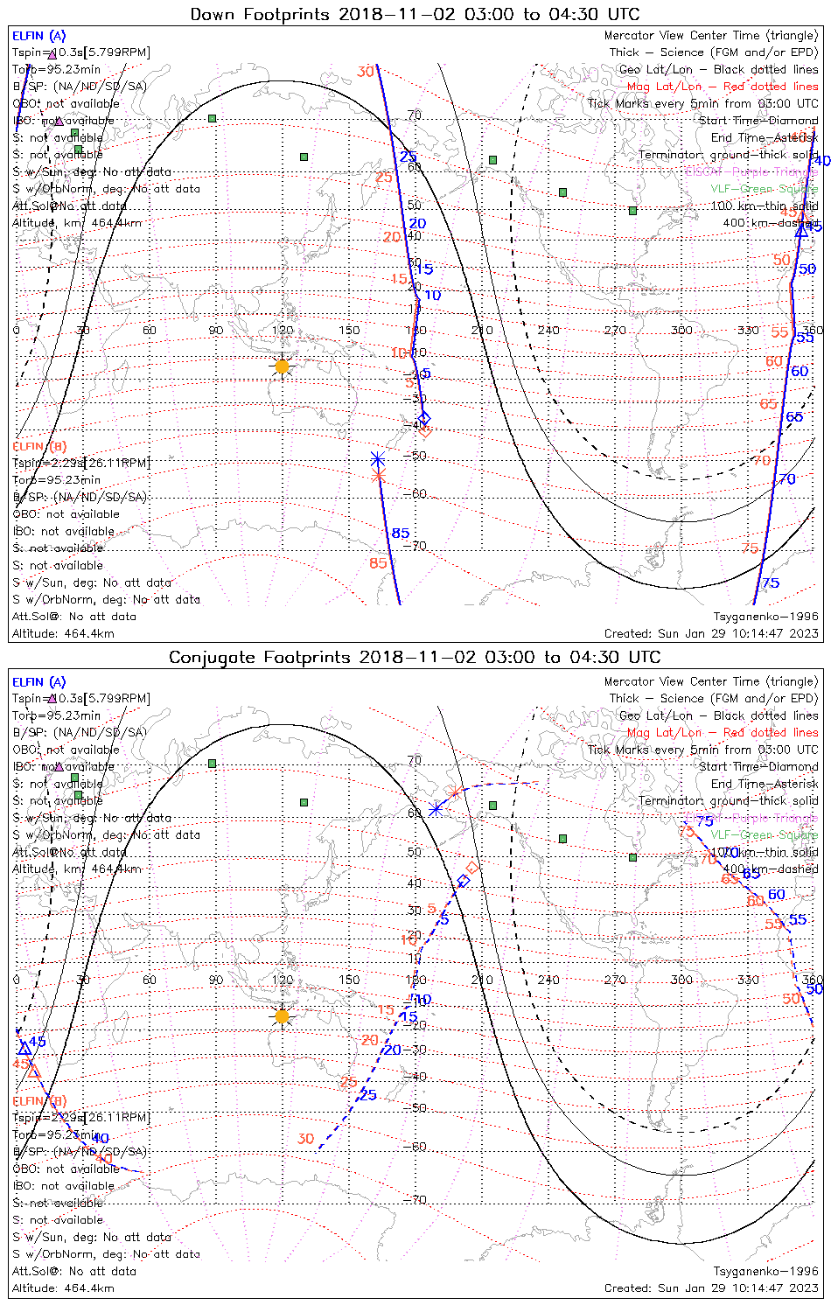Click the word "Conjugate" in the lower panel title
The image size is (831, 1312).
pos(208,657)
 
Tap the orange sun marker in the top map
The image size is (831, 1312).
pos(282,366)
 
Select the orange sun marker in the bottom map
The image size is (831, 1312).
pos(282,1016)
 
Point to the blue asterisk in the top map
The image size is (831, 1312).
pos(377,459)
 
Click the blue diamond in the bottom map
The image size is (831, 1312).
pos(464,881)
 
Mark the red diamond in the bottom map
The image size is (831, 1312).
pos(472,867)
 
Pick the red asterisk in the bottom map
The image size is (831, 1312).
pos(453,793)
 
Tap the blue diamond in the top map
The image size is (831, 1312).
pos(425,418)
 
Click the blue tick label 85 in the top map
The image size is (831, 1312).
pos(400,533)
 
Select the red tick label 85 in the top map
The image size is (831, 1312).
pos(378,563)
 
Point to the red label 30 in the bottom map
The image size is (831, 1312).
pos(305,1139)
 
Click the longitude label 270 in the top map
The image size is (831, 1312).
pos(615,331)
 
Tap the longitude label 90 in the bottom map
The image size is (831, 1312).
pos(215,980)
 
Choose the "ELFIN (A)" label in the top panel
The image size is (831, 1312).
pos(38,36)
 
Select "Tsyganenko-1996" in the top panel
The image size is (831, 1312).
pos(765,617)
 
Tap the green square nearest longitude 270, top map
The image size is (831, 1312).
pos(632,210)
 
